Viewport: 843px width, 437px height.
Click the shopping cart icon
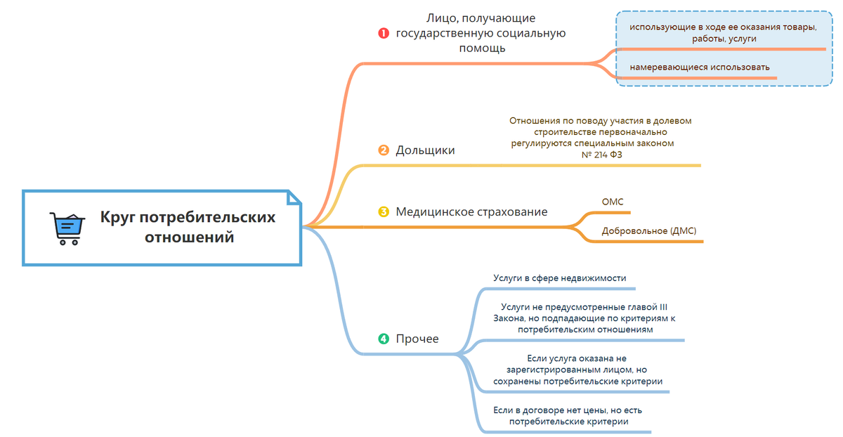click(x=66, y=228)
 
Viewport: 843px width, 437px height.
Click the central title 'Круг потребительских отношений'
click(x=188, y=227)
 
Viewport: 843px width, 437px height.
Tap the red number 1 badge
click(x=384, y=33)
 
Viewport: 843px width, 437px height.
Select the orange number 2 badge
click(x=384, y=150)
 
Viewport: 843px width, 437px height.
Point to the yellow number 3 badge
click(x=384, y=211)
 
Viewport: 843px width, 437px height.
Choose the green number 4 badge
click(x=384, y=339)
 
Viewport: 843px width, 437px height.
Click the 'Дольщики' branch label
click(x=425, y=150)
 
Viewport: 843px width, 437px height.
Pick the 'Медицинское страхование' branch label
click(x=471, y=211)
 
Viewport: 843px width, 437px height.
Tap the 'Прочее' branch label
click(x=417, y=339)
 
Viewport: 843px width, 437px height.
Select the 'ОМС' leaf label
click(x=613, y=202)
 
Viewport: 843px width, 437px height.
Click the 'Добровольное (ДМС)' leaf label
click(x=649, y=230)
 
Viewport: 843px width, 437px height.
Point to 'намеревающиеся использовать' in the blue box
click(x=700, y=67)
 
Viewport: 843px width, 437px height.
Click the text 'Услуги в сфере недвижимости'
click(x=559, y=278)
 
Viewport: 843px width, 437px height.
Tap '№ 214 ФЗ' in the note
click(x=602, y=155)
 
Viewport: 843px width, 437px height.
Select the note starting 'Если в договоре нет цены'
click(x=568, y=415)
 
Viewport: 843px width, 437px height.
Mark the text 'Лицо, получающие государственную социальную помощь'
click(x=481, y=33)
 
